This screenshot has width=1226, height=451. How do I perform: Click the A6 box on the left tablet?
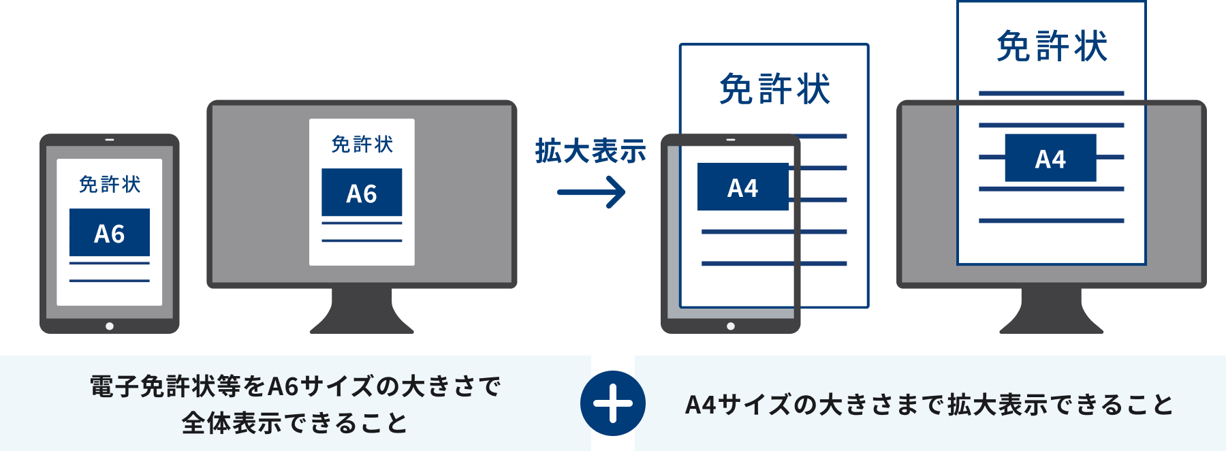[110, 232]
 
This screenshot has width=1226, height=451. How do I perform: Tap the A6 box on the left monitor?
[362, 192]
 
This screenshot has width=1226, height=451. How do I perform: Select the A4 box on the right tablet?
[742, 187]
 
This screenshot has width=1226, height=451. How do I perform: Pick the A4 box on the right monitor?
[1050, 158]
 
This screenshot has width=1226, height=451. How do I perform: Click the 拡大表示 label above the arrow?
[590, 151]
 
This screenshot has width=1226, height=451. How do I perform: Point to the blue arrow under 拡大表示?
[591, 192]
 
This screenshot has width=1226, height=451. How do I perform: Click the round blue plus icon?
[613, 403]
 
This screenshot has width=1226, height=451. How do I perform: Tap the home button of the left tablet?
[110, 326]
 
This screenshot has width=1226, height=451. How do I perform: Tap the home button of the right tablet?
[731, 326]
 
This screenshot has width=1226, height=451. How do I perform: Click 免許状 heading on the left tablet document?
[110, 184]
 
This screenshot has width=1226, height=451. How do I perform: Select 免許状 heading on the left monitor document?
[362, 144]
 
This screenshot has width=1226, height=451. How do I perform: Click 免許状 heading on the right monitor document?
[1052, 47]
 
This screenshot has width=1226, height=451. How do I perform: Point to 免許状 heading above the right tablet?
[774, 89]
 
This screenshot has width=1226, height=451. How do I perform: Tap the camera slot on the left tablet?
[110, 140]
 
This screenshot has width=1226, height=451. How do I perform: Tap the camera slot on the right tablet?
[731, 140]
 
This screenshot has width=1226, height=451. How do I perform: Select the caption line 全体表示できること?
[295, 423]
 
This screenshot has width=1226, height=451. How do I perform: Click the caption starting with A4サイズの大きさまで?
[929, 405]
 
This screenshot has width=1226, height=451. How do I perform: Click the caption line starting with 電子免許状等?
[295, 386]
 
